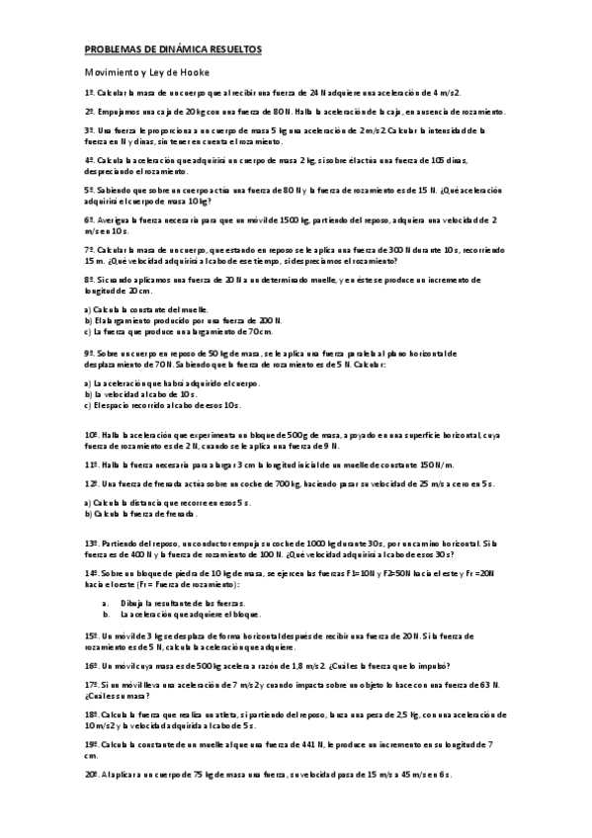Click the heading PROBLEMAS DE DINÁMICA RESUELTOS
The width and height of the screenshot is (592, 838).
tap(172, 48)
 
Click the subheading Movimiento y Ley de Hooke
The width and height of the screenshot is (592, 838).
tap(146, 72)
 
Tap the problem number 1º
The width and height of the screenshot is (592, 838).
tap(89, 91)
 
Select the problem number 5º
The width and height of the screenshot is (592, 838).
tap(89, 189)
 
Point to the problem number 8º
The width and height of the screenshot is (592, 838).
tap(89, 281)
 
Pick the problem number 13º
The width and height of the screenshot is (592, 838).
tap(91, 543)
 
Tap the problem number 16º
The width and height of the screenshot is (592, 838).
tap(91, 666)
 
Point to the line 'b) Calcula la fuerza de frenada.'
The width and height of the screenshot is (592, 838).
tap(140, 514)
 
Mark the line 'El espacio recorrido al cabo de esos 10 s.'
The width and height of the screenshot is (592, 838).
tap(162, 404)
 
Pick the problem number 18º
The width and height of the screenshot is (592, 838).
tap(91, 712)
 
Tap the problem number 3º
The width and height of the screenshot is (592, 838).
tap(89, 129)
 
